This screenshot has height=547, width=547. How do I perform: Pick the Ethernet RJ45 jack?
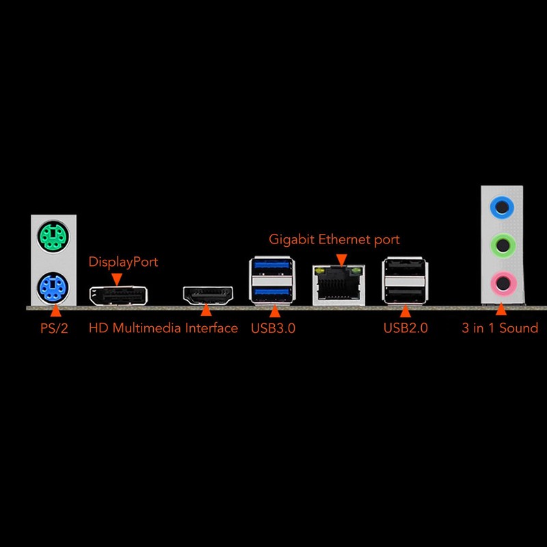coord(339,284)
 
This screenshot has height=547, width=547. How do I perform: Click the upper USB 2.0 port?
coord(405,268)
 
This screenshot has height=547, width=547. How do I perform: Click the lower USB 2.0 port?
coord(405,293)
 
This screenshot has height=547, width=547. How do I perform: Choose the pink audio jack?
coord(503,280)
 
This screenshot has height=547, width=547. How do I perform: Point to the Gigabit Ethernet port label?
coord(334,239)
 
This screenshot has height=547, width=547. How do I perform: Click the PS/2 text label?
coord(54,328)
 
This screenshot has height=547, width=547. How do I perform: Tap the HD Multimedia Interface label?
coord(163,328)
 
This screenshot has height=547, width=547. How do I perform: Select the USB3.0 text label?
coord(273,328)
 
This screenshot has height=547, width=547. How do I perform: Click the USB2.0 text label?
coord(405,328)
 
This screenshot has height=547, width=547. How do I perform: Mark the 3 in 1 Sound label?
coord(500,328)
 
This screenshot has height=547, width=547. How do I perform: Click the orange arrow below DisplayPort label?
coord(117,278)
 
